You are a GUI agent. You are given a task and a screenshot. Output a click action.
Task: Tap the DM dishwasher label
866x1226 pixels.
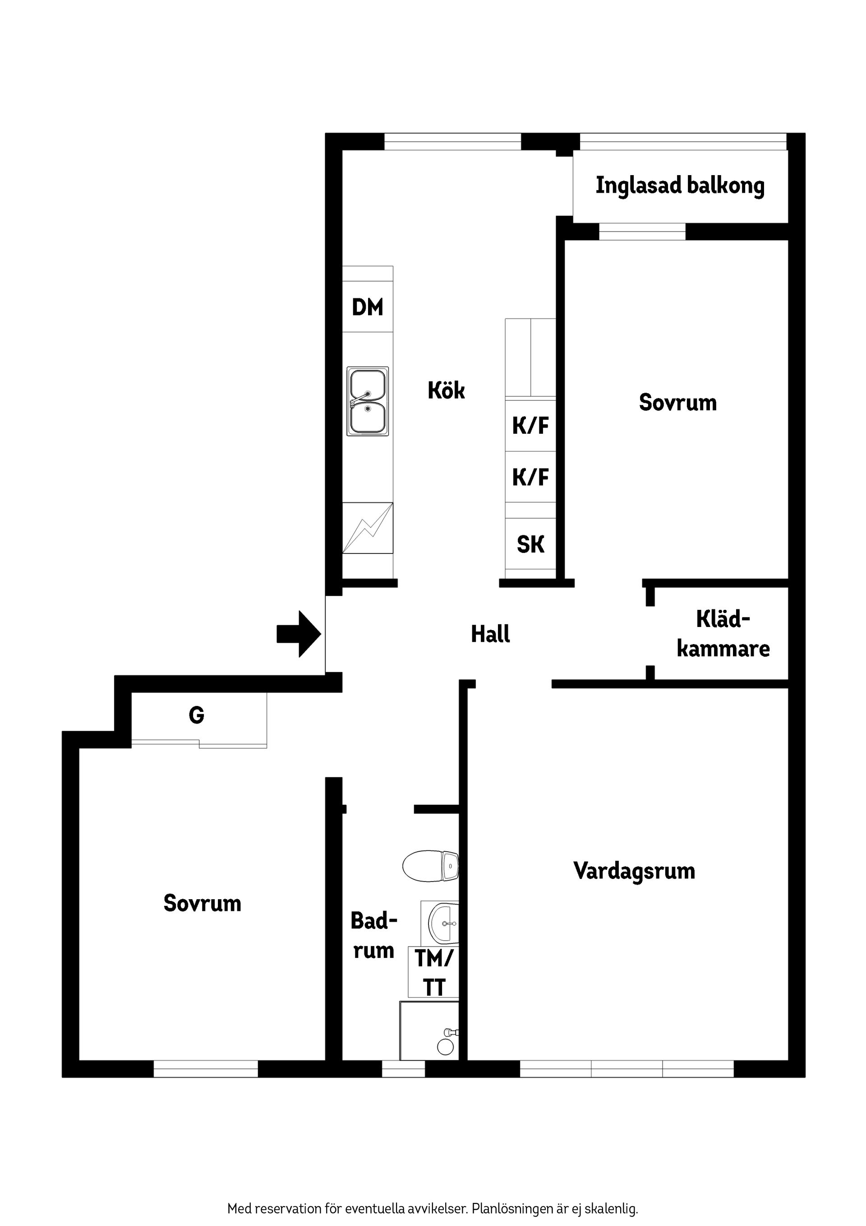[368, 307]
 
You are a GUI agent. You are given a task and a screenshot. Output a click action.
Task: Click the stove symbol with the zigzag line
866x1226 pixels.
[368, 528]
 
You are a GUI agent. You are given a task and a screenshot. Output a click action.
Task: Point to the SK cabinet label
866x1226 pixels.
[530, 545]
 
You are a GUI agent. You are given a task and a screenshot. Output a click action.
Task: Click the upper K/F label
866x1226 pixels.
[530, 426]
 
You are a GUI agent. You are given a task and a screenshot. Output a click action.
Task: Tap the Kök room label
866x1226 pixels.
[446, 391]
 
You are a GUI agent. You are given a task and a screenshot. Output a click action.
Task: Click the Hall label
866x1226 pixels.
[490, 634]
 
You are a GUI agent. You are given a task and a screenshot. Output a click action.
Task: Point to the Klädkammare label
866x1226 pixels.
[723, 634]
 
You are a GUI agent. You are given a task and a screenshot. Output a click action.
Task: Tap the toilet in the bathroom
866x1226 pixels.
[430, 866]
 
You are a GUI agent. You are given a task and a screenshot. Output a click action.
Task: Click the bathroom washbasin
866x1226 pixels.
[443, 923]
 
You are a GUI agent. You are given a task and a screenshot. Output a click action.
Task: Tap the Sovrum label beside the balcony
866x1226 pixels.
[677, 403]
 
